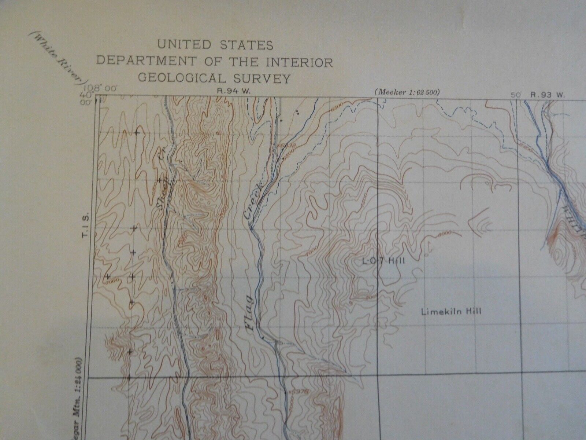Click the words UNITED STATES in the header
click(x=215, y=45)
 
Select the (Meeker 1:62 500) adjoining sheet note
click(x=407, y=92)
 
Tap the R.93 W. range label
click(x=549, y=94)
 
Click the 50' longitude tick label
click(x=516, y=94)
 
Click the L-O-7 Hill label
click(x=383, y=261)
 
